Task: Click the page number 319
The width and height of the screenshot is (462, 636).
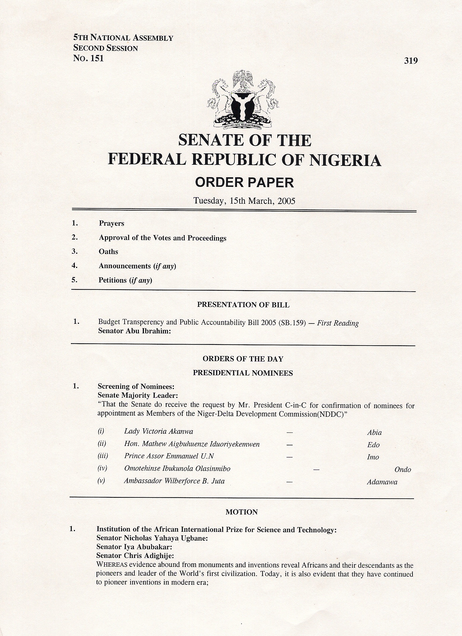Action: [411, 61]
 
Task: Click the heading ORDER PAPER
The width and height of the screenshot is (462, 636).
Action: [244, 183]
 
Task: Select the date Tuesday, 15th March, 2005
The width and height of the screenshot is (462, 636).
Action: [244, 201]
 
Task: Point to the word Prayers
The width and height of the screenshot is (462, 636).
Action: [111, 223]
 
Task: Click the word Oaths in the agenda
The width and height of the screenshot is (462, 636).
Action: [108, 252]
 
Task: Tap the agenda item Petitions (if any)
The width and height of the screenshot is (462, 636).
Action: [125, 280]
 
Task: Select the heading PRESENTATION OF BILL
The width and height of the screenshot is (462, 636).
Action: [243, 305]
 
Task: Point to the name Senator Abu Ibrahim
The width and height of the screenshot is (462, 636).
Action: [134, 331]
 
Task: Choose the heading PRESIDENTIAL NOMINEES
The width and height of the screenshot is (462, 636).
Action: [243, 373]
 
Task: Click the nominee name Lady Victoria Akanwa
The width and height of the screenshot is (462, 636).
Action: [159, 431]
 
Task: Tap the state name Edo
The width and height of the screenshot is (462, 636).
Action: [373, 445]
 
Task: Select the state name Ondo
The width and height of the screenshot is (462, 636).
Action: [403, 470]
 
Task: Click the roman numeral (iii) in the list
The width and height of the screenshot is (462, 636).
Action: [103, 456]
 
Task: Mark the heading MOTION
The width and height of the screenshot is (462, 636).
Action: [241, 512]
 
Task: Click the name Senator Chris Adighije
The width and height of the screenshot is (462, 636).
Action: [135, 556]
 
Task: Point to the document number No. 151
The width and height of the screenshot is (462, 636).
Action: [89, 58]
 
